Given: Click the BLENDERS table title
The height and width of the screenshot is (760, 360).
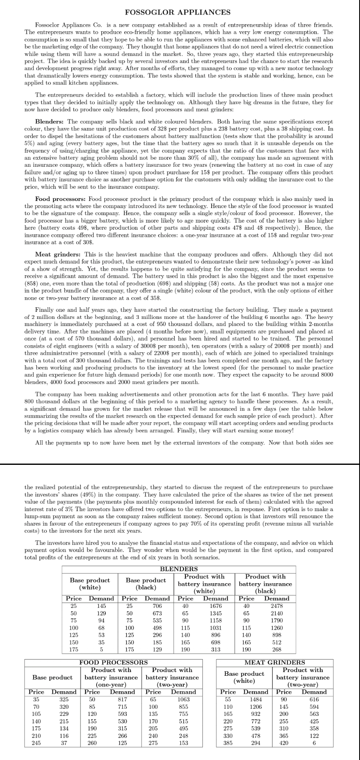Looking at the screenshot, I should click(x=179, y=569).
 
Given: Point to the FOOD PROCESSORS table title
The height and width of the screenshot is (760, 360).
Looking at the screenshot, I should click(x=113, y=662).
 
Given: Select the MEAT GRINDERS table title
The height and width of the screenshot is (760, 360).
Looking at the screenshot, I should click(x=275, y=662).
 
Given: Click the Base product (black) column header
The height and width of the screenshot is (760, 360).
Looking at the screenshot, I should click(x=146, y=584).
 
